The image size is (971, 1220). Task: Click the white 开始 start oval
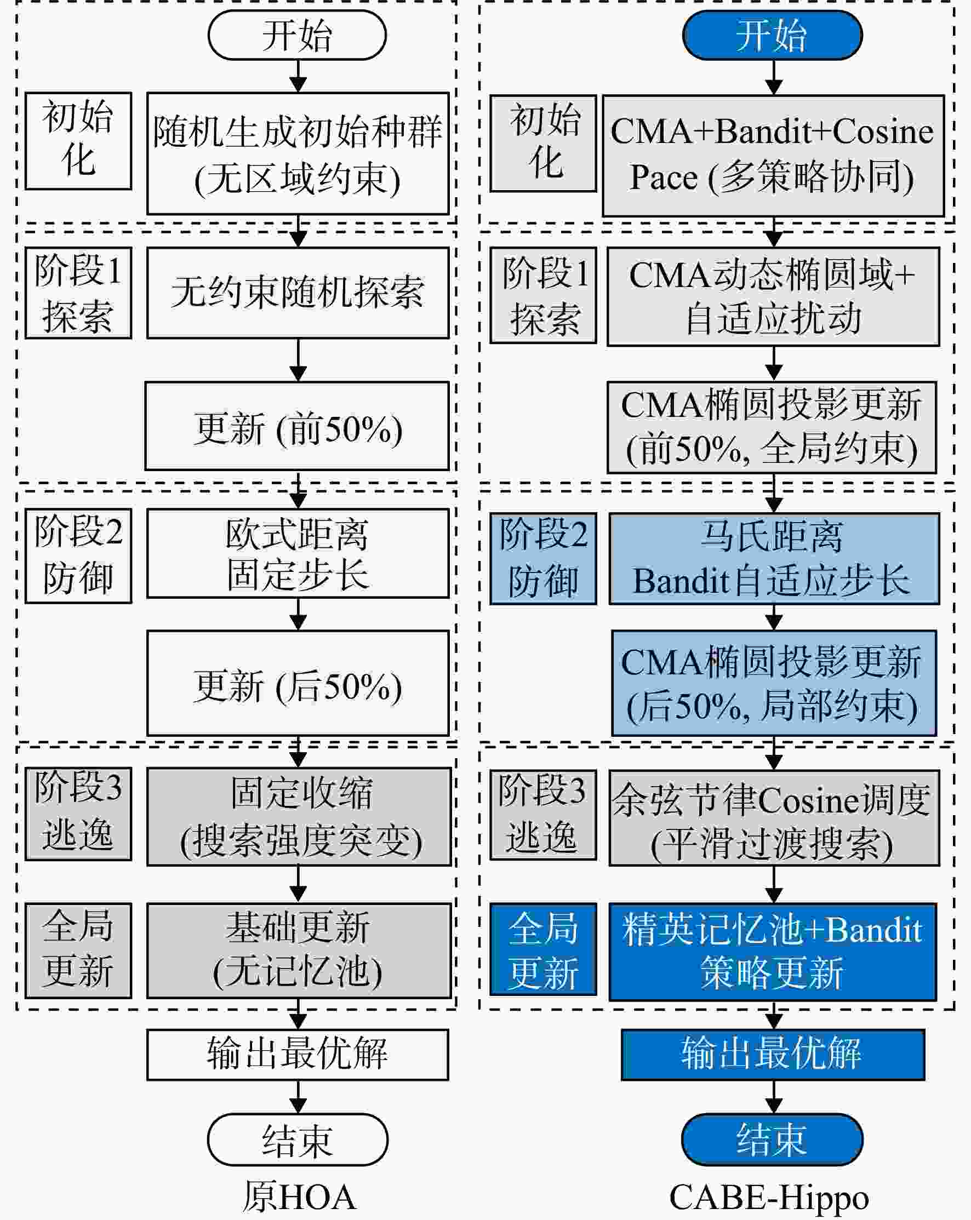pyautogui.click(x=297, y=35)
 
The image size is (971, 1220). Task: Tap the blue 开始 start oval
pyautogui.click(x=773, y=35)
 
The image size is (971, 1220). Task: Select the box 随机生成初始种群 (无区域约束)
pyautogui.click(x=298, y=153)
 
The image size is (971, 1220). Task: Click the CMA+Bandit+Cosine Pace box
pyautogui.click(x=773, y=156)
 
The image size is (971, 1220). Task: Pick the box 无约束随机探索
pyautogui.click(x=298, y=293)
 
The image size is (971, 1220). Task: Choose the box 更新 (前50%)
pyautogui.click(x=297, y=426)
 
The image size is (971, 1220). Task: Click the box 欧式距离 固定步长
pyautogui.click(x=298, y=553)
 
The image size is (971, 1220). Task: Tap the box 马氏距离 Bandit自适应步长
pyautogui.click(x=774, y=559)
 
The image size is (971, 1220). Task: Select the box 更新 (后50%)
pyautogui.click(x=298, y=683)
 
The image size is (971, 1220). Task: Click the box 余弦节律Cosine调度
pyautogui.click(x=774, y=818)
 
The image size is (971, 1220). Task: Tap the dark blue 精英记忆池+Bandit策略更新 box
pyautogui.click(x=773, y=952)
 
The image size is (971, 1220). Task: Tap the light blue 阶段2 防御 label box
pyautogui.click(x=543, y=559)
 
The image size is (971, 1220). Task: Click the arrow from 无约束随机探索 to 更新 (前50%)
pyautogui.click(x=298, y=360)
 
